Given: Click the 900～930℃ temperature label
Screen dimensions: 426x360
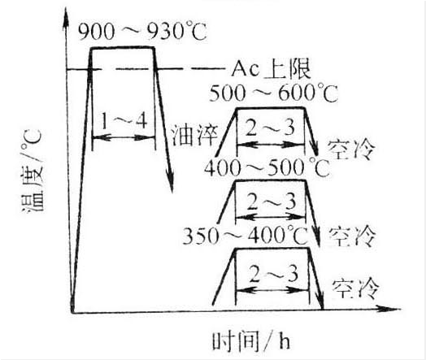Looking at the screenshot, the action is tap(142, 32).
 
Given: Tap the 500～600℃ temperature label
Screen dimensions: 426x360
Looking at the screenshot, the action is tap(274, 93).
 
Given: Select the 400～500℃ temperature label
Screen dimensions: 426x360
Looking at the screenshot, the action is tap(267, 167).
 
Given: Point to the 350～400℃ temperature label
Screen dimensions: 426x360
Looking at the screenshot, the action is tap(246, 235).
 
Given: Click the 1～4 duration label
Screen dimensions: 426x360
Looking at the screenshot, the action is tap(124, 120).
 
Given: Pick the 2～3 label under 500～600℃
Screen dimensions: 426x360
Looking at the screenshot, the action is tap(270, 128).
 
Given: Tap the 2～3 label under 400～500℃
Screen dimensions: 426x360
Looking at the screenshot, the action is tap(272, 202).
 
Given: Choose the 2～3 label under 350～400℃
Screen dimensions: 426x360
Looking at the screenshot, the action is tap(273, 274).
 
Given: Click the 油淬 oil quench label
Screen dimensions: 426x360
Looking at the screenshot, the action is tap(195, 135).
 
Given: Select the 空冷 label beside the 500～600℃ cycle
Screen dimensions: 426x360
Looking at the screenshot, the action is tap(351, 150).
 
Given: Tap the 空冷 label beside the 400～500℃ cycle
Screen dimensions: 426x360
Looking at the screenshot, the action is tap(353, 236).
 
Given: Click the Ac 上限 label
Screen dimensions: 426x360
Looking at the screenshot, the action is tap(271, 69).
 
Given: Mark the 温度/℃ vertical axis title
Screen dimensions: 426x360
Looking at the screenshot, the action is tap(32, 171).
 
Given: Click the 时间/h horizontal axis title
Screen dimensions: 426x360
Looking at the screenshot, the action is tap(250, 341).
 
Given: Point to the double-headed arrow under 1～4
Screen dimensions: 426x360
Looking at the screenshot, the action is tap(124, 138).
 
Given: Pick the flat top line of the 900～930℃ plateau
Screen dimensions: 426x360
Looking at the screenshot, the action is tap(123, 48).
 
